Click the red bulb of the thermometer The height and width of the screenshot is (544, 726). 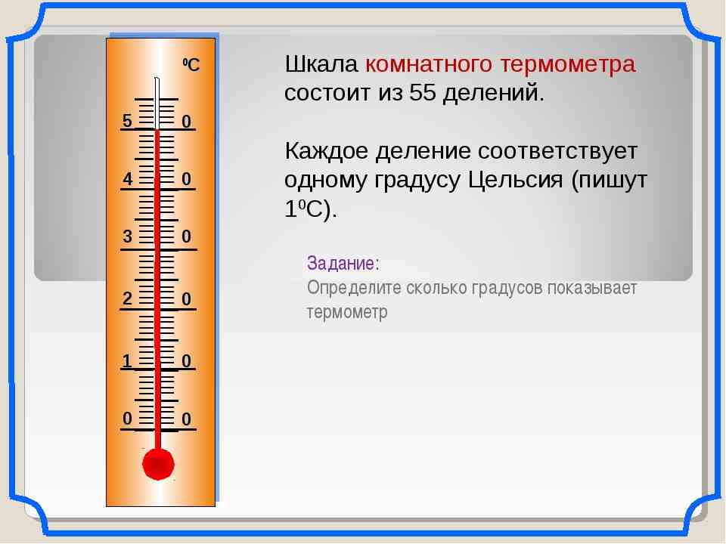pyautogui.click(x=158, y=463)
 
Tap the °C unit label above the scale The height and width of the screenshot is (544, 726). pyautogui.click(x=190, y=66)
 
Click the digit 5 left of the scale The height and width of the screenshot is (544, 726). pyautogui.click(x=127, y=121)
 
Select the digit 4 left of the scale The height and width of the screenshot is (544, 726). pyautogui.click(x=128, y=180)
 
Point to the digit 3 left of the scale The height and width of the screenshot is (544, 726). pyautogui.click(x=127, y=237)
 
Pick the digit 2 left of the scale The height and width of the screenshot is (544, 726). pyautogui.click(x=127, y=298)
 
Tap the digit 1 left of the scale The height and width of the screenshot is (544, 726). pyautogui.click(x=127, y=361)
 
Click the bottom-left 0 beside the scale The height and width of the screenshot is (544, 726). pyautogui.click(x=127, y=418)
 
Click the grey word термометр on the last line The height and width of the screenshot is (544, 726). pyautogui.click(x=346, y=312)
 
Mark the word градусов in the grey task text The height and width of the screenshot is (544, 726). pyautogui.click(x=502, y=289)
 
